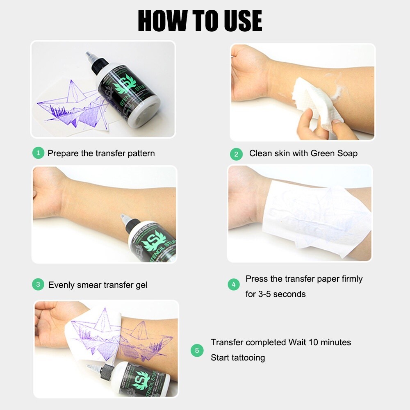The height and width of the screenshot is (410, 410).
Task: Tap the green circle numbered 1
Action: [38, 153]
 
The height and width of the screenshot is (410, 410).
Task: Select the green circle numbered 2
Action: [236, 154]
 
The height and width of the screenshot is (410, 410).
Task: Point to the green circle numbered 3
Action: [38, 284]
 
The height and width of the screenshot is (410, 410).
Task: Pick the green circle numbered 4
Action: [234, 285]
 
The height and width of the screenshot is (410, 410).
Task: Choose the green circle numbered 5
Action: [197, 350]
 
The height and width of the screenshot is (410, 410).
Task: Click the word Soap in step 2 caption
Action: [346, 154]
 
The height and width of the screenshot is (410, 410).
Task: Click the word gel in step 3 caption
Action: [140, 285]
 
